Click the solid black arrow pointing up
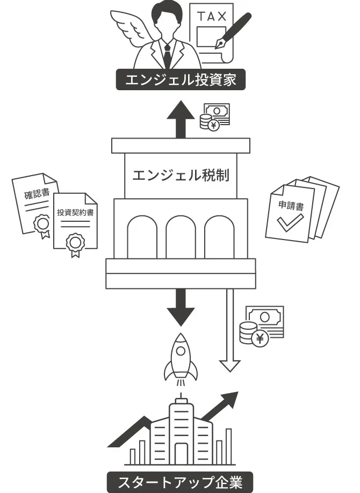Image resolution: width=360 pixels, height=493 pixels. (180, 118)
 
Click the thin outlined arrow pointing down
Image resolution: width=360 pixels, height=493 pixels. (230, 333)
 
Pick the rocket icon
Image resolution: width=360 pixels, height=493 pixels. (181, 357)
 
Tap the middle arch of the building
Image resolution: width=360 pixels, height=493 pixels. (181, 236)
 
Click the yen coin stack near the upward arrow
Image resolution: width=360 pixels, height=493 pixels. (208, 122)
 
